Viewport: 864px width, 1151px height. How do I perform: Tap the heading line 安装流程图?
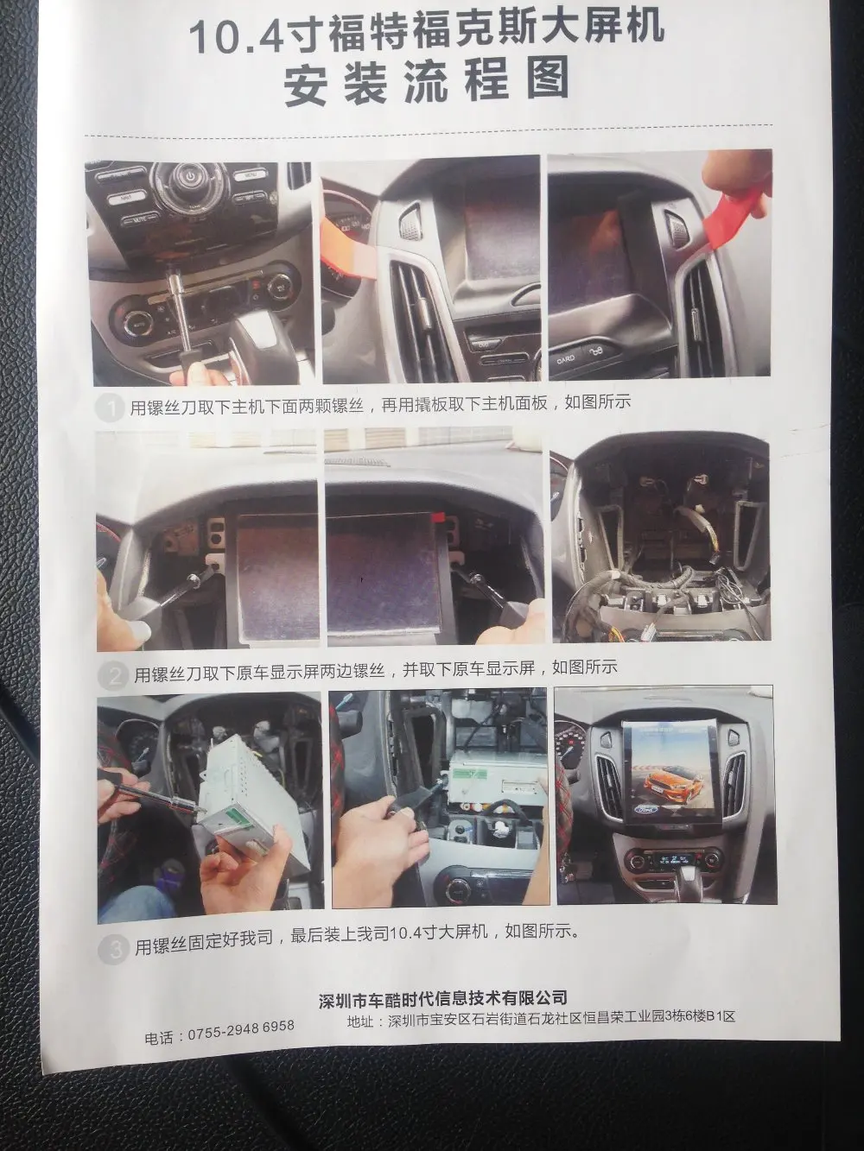point(426,83)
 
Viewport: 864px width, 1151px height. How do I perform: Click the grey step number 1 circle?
point(110,408)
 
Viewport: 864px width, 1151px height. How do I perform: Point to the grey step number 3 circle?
point(113,949)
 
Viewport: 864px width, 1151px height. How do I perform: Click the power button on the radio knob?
point(187,175)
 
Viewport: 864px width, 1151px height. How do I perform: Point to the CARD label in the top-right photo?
point(566,360)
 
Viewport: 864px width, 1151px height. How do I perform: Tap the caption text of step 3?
point(357,945)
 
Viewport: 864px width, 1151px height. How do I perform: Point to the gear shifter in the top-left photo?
point(257,341)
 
